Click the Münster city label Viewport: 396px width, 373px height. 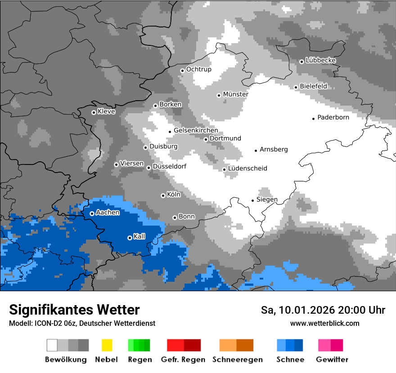coord(235,94)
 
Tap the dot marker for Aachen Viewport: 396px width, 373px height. coord(92,213)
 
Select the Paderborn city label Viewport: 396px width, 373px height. coord(333,117)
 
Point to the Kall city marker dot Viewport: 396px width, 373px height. coord(130,238)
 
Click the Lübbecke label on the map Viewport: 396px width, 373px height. coord(320,60)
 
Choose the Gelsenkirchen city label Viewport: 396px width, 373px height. coord(196,130)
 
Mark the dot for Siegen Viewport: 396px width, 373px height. coord(252,200)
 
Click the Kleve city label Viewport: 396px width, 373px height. coord(106,111)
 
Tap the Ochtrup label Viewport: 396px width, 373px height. coord(198,69)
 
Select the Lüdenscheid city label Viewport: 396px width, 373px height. coord(247,169)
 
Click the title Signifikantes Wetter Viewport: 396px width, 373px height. coord(74,310)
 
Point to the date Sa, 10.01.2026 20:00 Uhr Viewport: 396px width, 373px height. coord(323,310)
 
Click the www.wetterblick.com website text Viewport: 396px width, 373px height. coord(324,323)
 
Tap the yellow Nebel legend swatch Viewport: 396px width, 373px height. coord(107,345)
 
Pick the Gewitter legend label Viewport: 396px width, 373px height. coord(332,360)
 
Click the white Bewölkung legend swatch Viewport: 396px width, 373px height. coord(52,345)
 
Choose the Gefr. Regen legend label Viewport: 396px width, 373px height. coord(183,360)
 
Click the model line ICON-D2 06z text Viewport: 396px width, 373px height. coord(82,323)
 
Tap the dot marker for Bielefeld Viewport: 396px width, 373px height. coord(296,87)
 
